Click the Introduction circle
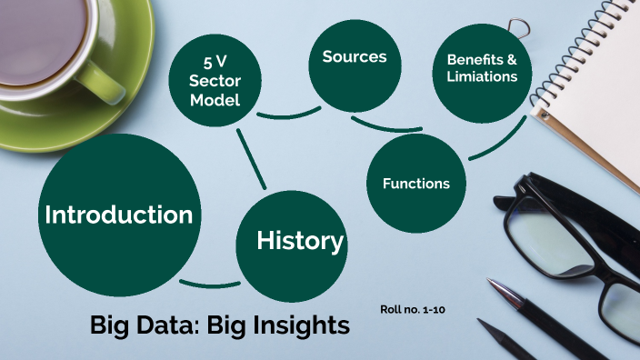pyautogui.click(x=118, y=215)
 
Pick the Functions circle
pyautogui.click(x=416, y=183)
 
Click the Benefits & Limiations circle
pyautogui.click(x=482, y=69)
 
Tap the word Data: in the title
pyautogui.click(x=174, y=325)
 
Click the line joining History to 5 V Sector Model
pyautogui.click(x=251, y=158)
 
